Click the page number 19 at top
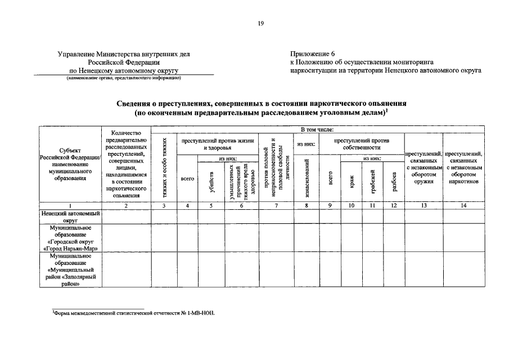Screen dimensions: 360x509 260,23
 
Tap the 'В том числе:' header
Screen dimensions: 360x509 318,130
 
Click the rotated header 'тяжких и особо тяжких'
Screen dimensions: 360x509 164,168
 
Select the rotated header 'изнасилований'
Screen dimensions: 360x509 307,179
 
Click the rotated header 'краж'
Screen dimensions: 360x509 351,182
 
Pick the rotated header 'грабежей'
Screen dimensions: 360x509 372,182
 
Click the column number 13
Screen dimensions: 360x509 424,206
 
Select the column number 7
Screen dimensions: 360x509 276,206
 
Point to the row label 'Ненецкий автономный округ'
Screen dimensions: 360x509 70,217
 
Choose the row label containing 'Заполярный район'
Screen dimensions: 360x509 70,270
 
